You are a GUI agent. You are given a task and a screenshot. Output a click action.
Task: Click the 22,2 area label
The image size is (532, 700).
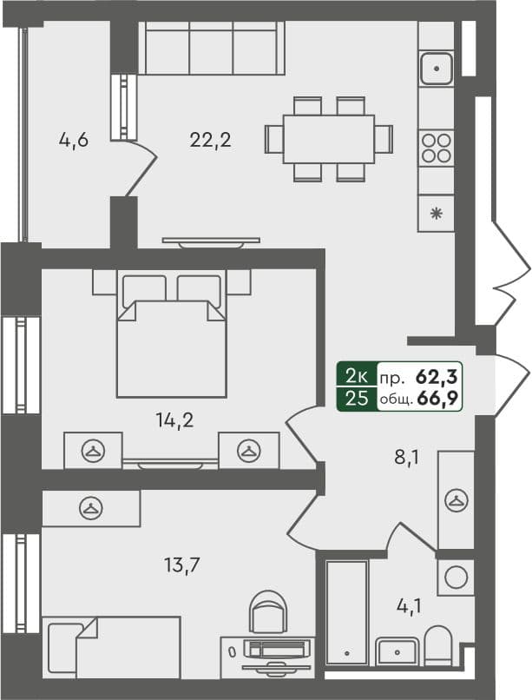pyautogui.click(x=210, y=139)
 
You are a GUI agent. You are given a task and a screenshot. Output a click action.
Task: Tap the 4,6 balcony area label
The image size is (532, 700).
pyautogui.click(x=73, y=139)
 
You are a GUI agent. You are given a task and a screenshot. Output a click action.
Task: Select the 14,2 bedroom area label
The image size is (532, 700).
pyautogui.click(x=174, y=421)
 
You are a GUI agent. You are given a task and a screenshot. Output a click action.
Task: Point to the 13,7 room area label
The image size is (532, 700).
pyautogui.click(x=182, y=565)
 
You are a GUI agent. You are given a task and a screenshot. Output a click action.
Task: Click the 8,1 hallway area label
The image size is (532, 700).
pyautogui.click(x=406, y=458)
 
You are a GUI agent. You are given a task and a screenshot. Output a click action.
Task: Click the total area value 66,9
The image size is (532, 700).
pyautogui.click(x=439, y=399)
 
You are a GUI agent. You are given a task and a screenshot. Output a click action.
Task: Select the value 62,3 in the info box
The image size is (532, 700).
pyautogui.click(x=439, y=377)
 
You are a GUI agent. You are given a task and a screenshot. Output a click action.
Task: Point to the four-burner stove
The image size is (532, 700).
pyautogui.click(x=437, y=148)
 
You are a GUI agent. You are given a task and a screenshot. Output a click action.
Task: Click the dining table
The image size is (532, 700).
pyautogui.click(x=329, y=139)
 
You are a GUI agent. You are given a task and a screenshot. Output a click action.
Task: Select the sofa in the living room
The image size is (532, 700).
pyautogui.click(x=211, y=50)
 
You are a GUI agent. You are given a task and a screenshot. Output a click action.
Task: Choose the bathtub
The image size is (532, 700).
pyautogui.click(x=346, y=611)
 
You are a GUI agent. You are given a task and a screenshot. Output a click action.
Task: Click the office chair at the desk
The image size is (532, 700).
pyautogui.click(x=267, y=612)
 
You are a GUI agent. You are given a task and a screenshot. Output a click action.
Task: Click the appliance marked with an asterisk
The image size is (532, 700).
pyautogui.click(x=436, y=213)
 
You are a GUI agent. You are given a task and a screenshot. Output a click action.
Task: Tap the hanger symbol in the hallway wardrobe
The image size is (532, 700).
pyautogui.click(x=456, y=499)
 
